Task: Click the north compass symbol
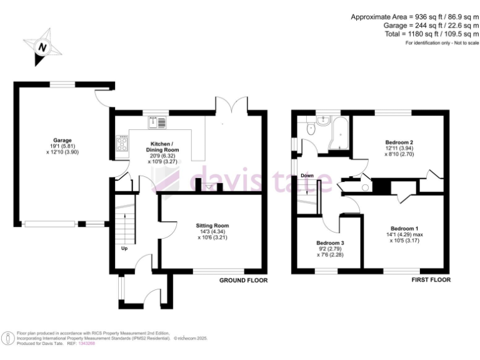[42, 46]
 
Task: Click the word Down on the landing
[307, 176]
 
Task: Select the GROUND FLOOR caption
[243, 281]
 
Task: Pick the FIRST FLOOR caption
[431, 281]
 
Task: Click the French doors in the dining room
[231, 107]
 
